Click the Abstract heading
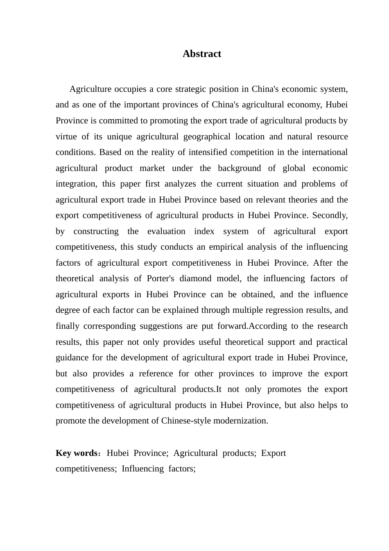pyautogui.click(x=202, y=54)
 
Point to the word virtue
pyautogui.click(x=66, y=137)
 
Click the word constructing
pyautogui.click(x=96, y=231)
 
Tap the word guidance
pyautogui.click(x=72, y=357)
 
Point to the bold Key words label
pyautogui.click(x=77, y=453)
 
